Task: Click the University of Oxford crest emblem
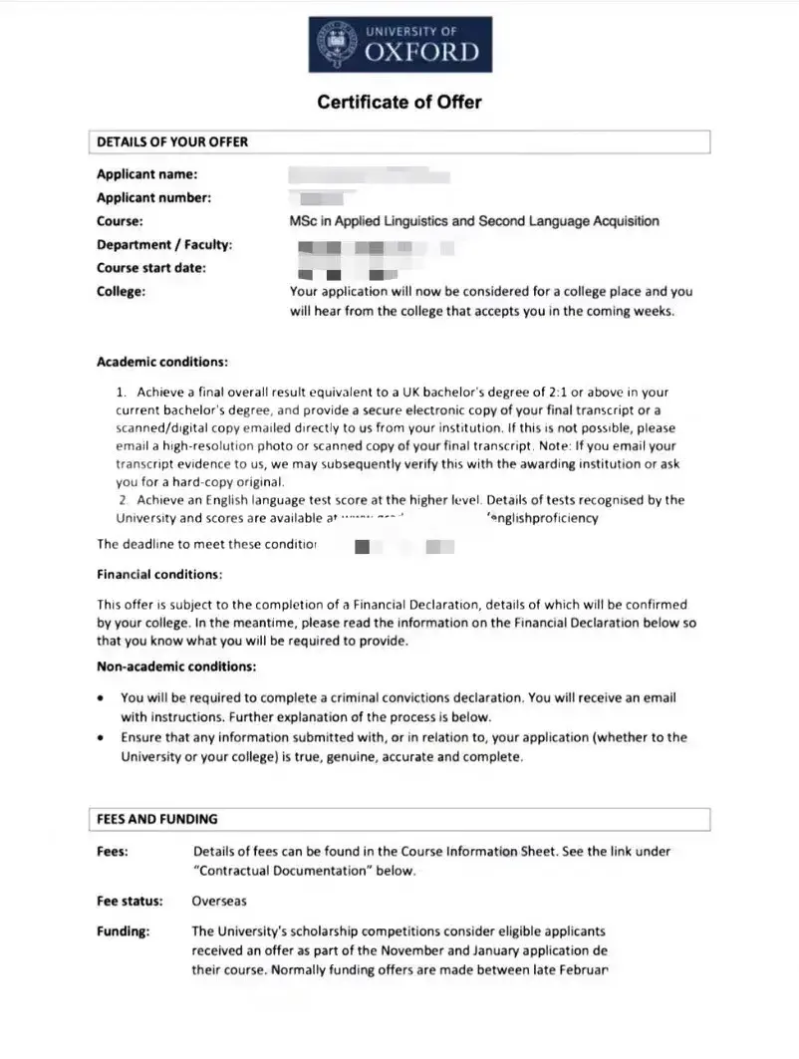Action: click(x=335, y=45)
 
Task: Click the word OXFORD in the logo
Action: click(x=421, y=52)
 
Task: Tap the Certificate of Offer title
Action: click(x=399, y=102)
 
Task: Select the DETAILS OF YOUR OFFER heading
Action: click(x=172, y=141)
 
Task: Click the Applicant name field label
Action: click(x=146, y=174)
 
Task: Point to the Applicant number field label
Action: click(x=153, y=197)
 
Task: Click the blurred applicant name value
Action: click(x=369, y=175)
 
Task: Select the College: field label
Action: click(x=121, y=291)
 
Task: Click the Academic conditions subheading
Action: click(x=162, y=361)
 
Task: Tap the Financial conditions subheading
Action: click(x=159, y=575)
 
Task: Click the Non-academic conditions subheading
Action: click(x=176, y=665)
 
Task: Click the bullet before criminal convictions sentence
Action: click(x=101, y=698)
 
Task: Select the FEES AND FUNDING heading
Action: click(x=156, y=819)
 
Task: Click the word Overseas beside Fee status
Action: click(x=219, y=901)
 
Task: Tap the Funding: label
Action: click(x=123, y=931)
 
